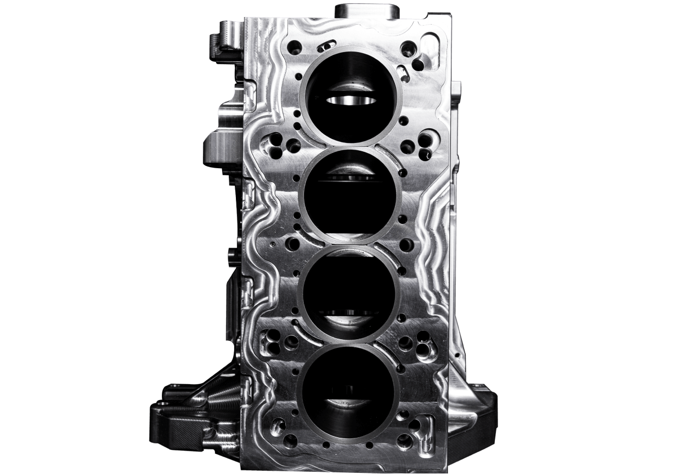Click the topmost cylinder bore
tap(351, 96)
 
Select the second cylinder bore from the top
tap(349, 195)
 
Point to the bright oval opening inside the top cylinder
tap(351, 100)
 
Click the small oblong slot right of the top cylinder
tap(404, 73)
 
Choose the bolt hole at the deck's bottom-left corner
tap(290, 439)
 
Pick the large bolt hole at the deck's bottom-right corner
tap(405, 440)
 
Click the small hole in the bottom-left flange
tap(159, 404)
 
